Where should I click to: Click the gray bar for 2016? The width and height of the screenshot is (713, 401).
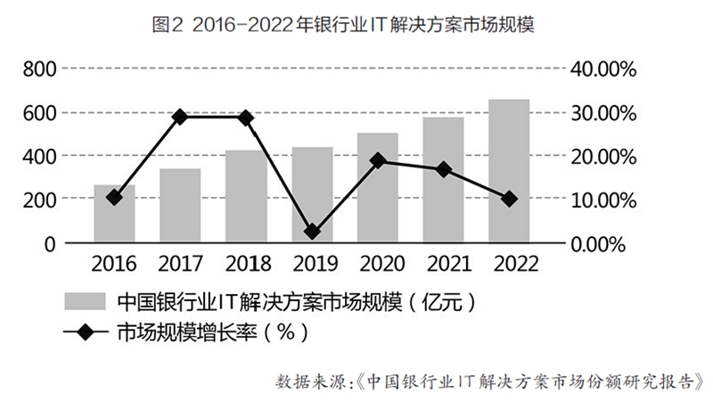pyautogui.click(x=114, y=214)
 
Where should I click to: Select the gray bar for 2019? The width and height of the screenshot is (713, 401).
pyautogui.click(x=312, y=195)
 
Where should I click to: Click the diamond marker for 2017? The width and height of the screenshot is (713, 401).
pyautogui.click(x=180, y=117)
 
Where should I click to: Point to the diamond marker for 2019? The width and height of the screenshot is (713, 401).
pyautogui.click(x=312, y=232)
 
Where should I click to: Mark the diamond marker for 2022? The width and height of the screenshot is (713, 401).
pyautogui.click(x=509, y=199)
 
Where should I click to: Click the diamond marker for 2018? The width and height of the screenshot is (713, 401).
pyautogui.click(x=246, y=118)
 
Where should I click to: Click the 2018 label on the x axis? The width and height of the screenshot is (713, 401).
pyautogui.click(x=246, y=264)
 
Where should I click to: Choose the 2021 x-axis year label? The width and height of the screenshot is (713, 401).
pyautogui.click(x=444, y=264)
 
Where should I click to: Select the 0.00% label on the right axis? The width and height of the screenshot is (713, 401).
pyautogui.click(x=605, y=243)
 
